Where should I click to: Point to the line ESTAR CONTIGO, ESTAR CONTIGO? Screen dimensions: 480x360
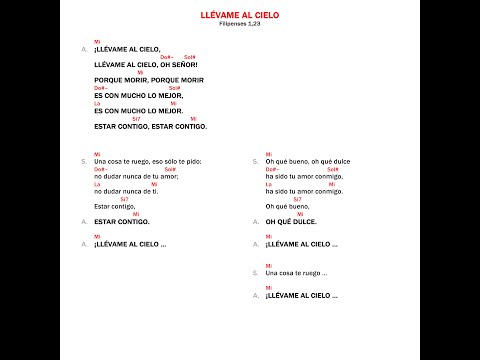coord(150,126)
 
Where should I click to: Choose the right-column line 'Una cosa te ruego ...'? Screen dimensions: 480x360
coord(301,273)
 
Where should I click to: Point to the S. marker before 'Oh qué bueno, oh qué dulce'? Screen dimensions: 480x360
coord(255,160)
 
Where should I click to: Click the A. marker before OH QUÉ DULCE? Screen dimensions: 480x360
coord(255,221)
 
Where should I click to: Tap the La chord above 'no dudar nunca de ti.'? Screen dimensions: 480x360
coord(98,183)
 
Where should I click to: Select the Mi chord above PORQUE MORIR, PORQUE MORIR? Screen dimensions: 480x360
coord(140,71)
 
